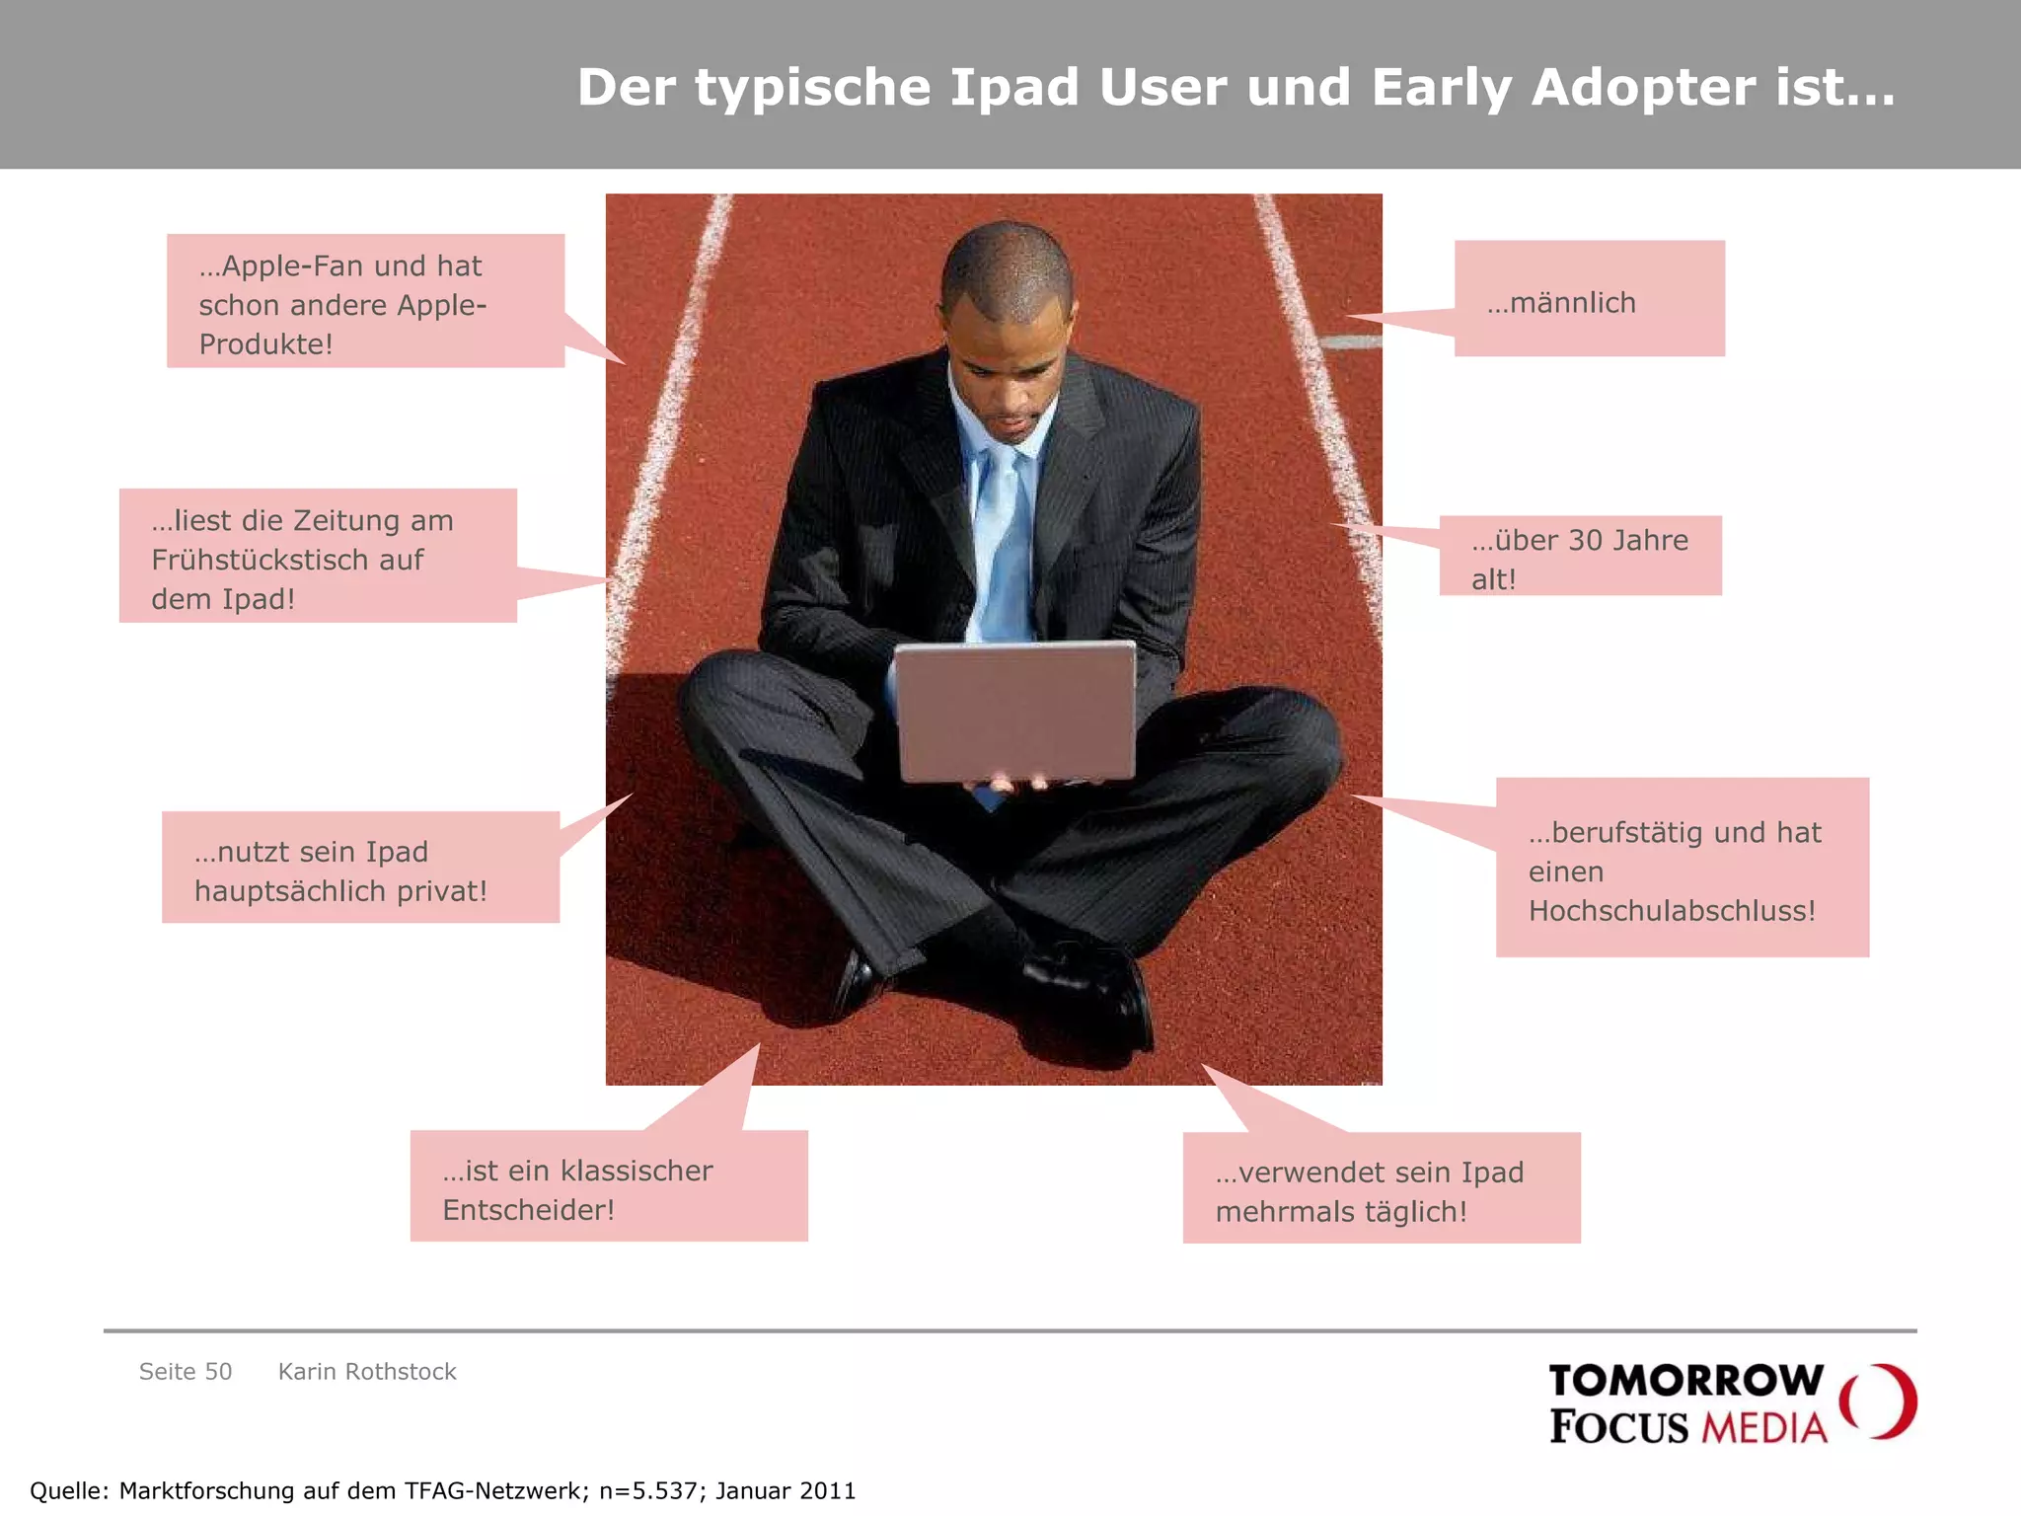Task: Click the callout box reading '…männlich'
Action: (1589, 298)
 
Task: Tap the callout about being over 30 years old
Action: (1580, 556)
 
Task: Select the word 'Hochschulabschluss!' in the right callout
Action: (1672, 911)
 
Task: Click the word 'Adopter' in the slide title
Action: (1644, 87)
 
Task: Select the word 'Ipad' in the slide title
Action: (1014, 87)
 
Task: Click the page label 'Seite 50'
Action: (186, 1372)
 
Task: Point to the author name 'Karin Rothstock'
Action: (367, 1372)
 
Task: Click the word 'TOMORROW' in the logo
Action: (1685, 1381)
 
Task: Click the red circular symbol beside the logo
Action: (1879, 1402)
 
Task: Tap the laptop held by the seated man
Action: (1015, 711)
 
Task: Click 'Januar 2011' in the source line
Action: (786, 1490)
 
